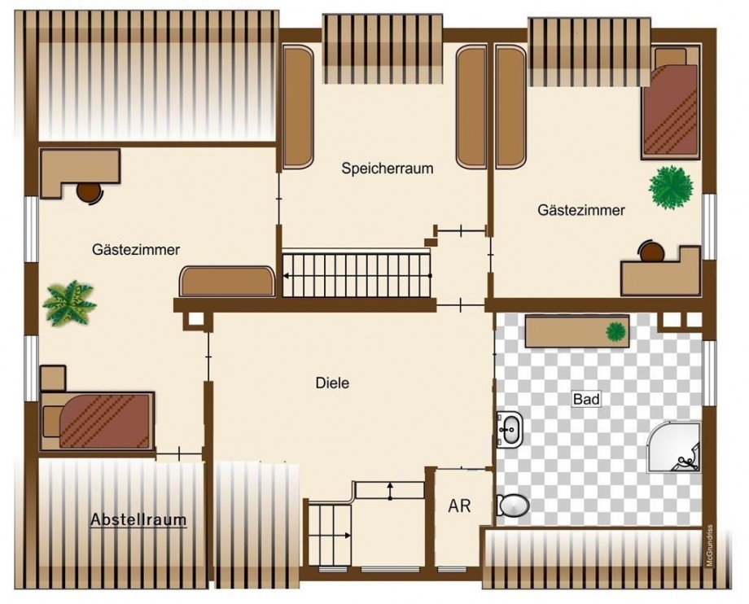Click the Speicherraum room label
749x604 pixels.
388,169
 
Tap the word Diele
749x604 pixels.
332,383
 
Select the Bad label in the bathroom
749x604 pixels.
586,399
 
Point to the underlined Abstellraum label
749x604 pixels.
138,519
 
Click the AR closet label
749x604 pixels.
459,506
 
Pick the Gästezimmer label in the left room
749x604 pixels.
136,250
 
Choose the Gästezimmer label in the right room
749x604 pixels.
581,210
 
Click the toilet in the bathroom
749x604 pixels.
513,506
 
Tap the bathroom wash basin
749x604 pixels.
510,429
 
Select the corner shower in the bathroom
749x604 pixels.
674,447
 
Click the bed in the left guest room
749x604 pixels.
98,421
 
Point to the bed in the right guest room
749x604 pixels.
671,103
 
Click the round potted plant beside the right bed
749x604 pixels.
671,187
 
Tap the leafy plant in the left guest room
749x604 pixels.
69,303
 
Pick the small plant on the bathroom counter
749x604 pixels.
616,331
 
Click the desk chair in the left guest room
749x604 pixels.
90,193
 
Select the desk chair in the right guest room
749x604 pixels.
651,251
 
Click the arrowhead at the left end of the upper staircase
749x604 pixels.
286,275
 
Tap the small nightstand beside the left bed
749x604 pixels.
53,379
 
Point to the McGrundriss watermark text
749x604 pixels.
709,545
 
